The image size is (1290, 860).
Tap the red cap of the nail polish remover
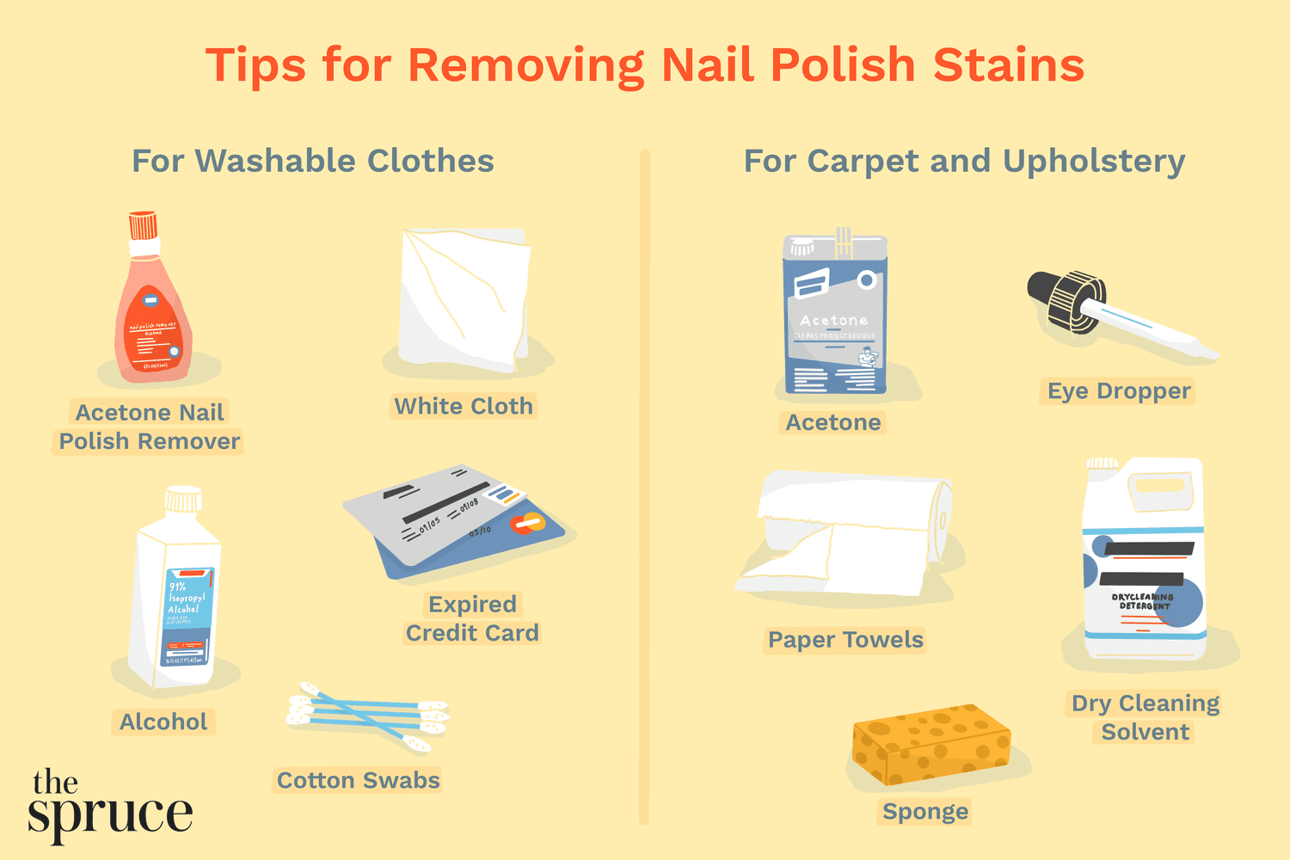pyautogui.click(x=143, y=225)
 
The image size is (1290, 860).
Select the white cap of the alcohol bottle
pyautogui.click(x=183, y=499)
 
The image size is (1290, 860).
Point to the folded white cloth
pyautogui.click(x=464, y=297)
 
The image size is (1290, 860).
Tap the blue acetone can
pyautogui.click(x=834, y=318)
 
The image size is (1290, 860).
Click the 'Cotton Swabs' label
pyautogui.click(x=358, y=780)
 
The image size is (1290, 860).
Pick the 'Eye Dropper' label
pyautogui.click(x=1119, y=391)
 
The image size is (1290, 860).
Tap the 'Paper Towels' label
pyautogui.click(x=845, y=640)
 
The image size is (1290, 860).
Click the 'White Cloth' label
pyautogui.click(x=464, y=406)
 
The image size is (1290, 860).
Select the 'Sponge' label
pyautogui.click(x=925, y=811)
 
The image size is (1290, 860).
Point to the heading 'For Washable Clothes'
pyautogui.click(x=313, y=161)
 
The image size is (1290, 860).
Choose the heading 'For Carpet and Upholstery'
pyautogui.click(x=964, y=161)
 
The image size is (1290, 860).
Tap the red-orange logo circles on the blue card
pyautogui.click(x=526, y=522)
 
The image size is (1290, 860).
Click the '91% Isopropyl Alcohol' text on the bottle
pyautogui.click(x=184, y=598)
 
